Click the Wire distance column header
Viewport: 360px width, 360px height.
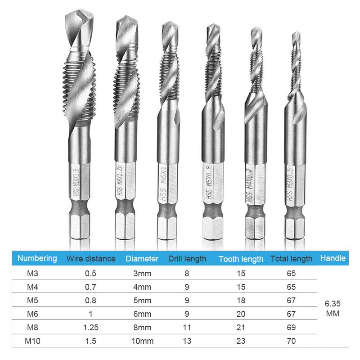pos(91,259)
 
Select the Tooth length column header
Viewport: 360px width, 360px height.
pos(241,259)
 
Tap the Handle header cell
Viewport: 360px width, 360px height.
pos(333,258)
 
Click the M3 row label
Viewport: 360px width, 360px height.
pos(32,274)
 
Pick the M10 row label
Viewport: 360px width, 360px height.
pos(32,341)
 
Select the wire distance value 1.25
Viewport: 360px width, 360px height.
pos(91,328)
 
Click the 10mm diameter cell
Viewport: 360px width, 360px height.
pos(142,341)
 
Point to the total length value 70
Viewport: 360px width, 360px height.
pos(291,341)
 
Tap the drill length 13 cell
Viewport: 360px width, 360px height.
pos(187,341)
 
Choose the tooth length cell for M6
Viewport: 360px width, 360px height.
pos(241,314)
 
